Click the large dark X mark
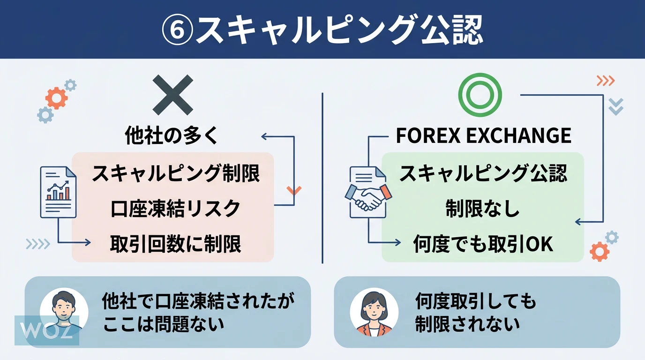point(172,95)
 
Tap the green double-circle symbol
point(480,95)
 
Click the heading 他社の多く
point(172,136)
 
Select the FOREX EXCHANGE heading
point(483,136)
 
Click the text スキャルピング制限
point(175,174)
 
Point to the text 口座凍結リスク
point(175,209)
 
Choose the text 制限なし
point(483,209)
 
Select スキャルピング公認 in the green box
point(483,174)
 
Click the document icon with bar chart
point(58,191)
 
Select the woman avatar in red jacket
point(374,312)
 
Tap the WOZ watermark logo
point(46,330)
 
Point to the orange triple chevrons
point(605,81)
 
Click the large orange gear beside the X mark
point(56,98)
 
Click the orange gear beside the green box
point(600,252)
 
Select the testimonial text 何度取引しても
point(475,302)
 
